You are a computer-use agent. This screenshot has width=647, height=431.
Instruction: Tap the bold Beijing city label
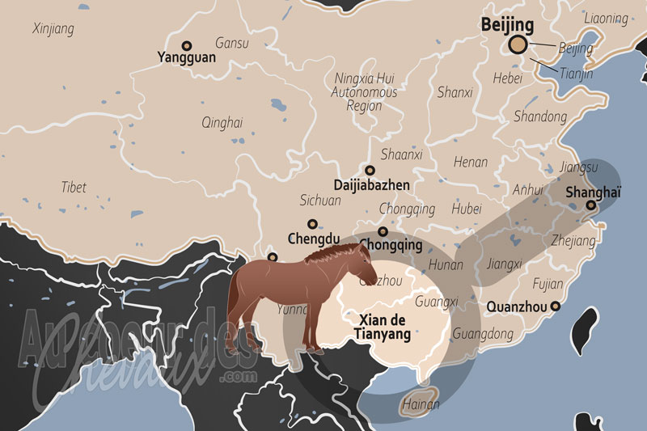508,25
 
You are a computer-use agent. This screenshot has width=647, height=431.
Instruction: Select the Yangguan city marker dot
187,46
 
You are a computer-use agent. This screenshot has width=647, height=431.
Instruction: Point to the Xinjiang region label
53,29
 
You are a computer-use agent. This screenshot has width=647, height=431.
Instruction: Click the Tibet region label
74,187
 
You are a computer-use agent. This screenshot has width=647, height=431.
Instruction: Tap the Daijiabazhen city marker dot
370,171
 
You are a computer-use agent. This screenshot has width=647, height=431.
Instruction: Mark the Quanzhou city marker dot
555,306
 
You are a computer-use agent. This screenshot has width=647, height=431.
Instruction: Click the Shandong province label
540,116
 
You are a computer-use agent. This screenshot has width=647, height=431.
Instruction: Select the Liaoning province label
605,19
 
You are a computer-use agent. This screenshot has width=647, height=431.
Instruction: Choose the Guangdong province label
483,333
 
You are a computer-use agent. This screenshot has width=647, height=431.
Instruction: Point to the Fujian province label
548,284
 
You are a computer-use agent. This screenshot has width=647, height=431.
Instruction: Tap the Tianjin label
576,74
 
